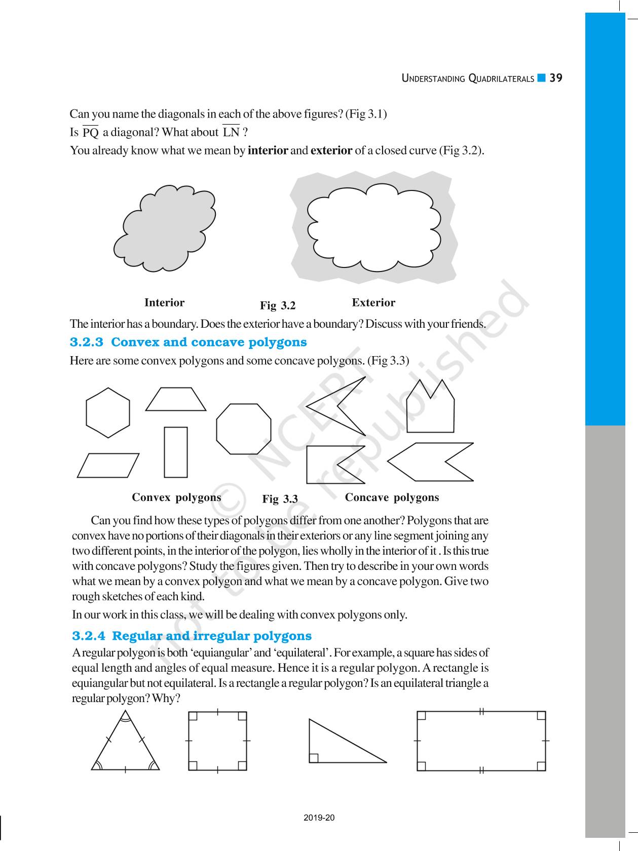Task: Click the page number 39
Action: point(556,78)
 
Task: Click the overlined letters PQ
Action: point(91,133)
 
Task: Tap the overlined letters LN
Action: point(231,132)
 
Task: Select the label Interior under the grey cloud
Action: point(164,303)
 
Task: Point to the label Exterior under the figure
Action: point(373,303)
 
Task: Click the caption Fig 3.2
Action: point(278,305)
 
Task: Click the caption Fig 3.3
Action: point(280,499)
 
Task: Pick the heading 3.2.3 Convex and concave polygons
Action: point(188,342)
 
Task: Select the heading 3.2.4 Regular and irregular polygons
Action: point(192,636)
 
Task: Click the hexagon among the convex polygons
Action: point(108,413)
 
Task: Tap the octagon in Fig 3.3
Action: point(243,429)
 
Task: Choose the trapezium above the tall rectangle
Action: point(176,400)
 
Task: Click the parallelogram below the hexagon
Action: point(108,465)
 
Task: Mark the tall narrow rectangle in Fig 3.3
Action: point(176,452)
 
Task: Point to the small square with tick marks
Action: point(217,741)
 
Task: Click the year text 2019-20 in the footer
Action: point(319,818)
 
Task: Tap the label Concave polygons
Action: point(392,497)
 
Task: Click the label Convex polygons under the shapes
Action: point(176,497)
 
